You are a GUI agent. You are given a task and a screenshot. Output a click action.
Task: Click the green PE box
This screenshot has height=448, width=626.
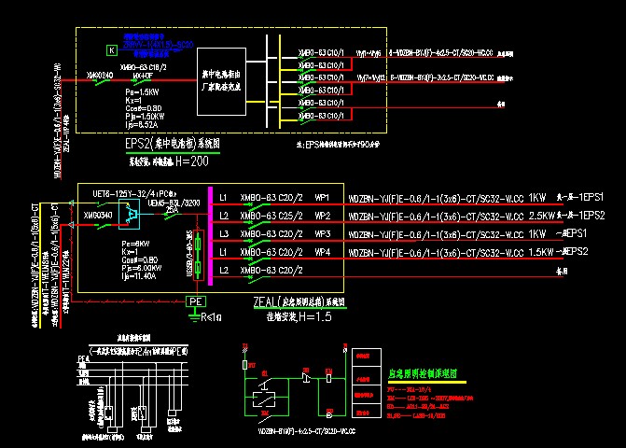pyautogui.click(x=195, y=301)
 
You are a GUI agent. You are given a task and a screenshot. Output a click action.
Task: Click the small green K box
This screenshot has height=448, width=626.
pyautogui.click(x=111, y=49)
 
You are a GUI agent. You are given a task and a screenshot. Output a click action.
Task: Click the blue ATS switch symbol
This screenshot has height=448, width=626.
pyautogui.click(x=133, y=216)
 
